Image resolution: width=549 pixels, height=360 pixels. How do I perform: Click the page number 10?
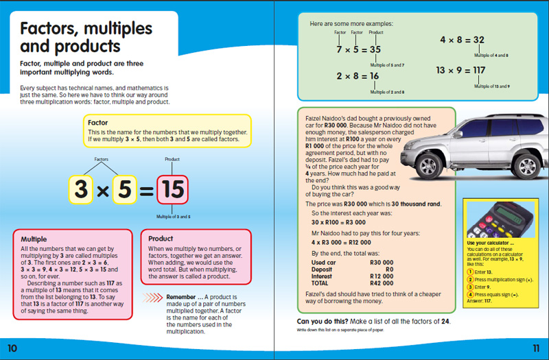pos(12,348)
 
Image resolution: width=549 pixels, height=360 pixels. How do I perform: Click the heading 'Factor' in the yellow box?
pos(98,123)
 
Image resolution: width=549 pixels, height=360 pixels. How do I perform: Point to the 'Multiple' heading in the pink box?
pos(34,239)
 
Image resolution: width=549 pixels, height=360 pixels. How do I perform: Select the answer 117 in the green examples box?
pos(475,71)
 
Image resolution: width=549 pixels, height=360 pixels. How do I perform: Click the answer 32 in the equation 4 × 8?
pos(478,40)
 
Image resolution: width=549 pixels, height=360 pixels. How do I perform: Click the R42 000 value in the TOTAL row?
pos(382,282)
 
